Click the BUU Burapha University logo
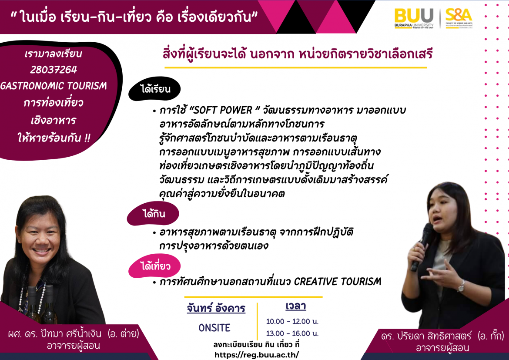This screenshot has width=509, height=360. click(414, 18)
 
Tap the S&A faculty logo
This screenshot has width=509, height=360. click(459, 18)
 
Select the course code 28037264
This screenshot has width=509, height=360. click(54, 70)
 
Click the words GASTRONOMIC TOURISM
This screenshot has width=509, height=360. click(54, 86)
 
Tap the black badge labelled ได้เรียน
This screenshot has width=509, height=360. click(154, 89)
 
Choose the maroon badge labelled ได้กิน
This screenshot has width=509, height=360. click(153, 214)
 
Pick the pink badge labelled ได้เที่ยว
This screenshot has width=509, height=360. click(154, 266)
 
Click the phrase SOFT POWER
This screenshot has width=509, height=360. click(223, 110)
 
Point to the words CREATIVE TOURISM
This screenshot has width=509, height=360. click(338, 281)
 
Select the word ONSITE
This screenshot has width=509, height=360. click(214, 328)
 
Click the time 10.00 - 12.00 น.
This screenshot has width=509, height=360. click(292, 322)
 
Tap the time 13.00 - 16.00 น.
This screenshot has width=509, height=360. click(292, 333)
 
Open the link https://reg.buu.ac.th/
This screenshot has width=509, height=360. click(256, 355)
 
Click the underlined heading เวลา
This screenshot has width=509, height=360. click(296, 306)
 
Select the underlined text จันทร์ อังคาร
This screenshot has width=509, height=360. click(216, 308)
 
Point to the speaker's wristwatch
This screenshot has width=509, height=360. click(461, 286)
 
